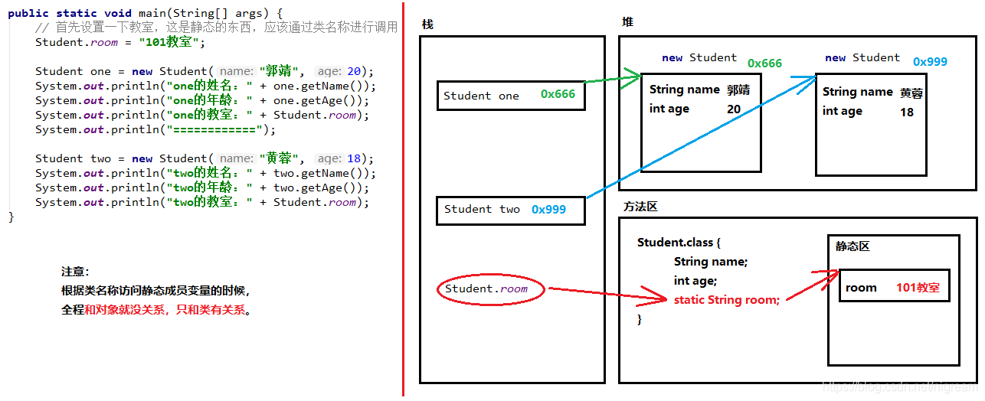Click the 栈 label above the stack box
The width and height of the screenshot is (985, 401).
coord(427,24)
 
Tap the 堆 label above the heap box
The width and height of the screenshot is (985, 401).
coord(627,22)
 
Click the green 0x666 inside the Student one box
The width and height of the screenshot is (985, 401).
coord(558,94)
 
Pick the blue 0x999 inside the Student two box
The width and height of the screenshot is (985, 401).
coord(548,209)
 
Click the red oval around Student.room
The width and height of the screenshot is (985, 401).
coord(490,289)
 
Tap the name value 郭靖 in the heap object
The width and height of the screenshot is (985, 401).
coord(738,90)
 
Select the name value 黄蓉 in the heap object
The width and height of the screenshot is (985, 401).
coord(911,93)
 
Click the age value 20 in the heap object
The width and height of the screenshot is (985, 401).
coord(734,109)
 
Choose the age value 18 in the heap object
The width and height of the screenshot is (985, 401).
coord(907,112)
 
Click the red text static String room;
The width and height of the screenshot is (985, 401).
coord(726,300)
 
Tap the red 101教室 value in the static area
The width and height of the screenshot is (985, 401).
coord(918,288)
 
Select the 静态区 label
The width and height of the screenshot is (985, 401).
coord(852,246)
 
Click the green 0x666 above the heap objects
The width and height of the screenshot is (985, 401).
coord(764,64)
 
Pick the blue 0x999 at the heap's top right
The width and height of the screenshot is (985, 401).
coord(930,61)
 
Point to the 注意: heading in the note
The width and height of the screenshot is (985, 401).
coord(75,272)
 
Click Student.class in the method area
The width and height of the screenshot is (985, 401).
coord(674,243)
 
